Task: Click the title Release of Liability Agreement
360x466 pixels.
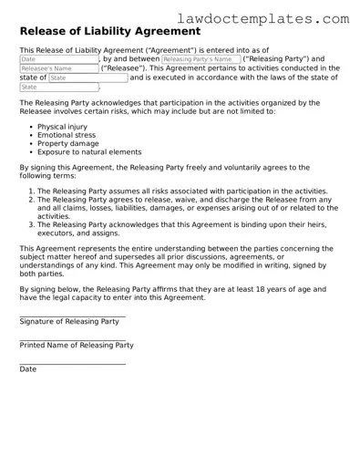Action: pos(103,33)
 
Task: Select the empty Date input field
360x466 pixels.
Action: pos(58,58)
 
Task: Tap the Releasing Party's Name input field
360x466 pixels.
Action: pos(195,58)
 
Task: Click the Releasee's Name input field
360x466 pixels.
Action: pos(58,68)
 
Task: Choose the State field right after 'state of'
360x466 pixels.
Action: pos(87,78)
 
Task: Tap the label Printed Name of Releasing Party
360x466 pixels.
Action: pos(77,346)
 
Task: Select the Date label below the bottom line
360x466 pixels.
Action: pos(28,369)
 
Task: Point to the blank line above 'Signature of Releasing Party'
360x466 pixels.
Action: pos(72,316)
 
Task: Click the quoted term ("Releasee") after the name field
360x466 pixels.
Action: pos(123,68)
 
